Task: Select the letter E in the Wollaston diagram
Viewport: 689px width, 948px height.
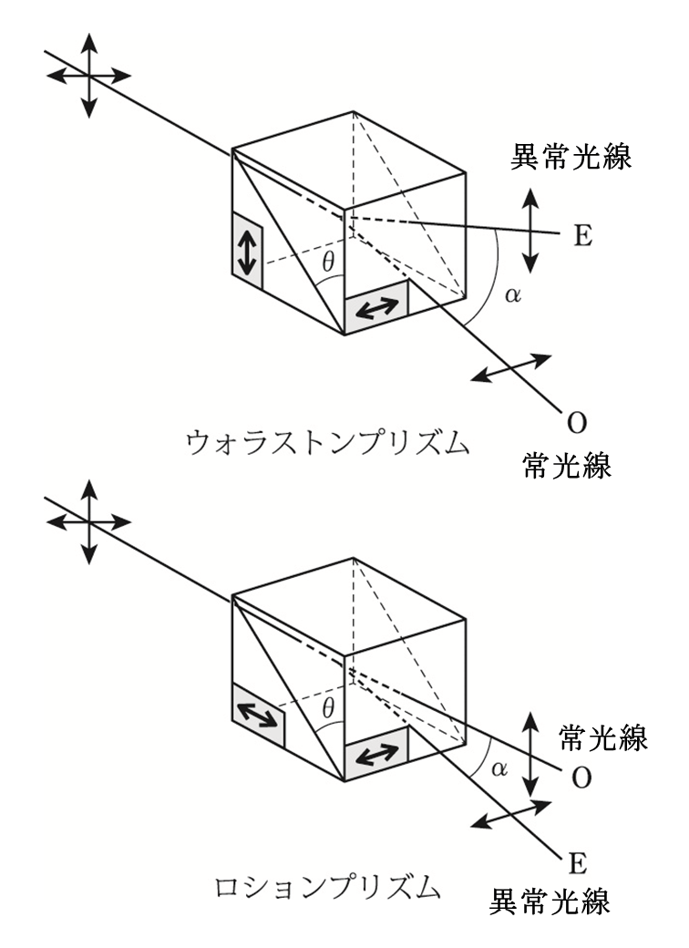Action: (x=583, y=235)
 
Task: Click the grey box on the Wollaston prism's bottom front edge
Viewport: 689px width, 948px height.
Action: (x=376, y=309)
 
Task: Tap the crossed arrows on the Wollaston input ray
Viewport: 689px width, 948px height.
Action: (x=87, y=76)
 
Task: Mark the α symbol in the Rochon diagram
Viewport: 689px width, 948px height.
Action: (x=498, y=768)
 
